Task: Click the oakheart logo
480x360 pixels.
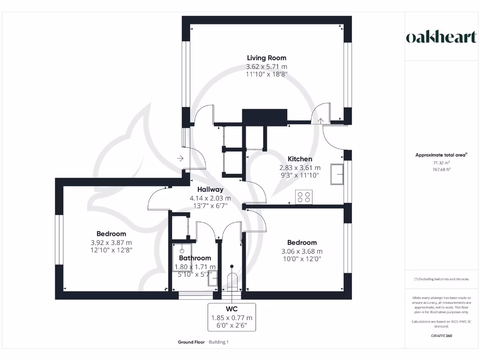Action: point(441,37)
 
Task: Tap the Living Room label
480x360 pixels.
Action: point(267,58)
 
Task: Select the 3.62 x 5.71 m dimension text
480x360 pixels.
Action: point(267,66)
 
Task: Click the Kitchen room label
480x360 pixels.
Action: point(300,159)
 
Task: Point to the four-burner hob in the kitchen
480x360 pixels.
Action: point(303,197)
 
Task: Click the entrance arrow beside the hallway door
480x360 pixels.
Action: point(180,158)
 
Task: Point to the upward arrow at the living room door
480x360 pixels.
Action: point(321,121)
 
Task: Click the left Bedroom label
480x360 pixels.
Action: point(111,234)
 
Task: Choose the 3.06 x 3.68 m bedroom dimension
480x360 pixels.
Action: point(302,251)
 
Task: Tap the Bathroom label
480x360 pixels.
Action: point(195,258)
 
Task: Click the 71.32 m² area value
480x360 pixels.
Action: point(439,162)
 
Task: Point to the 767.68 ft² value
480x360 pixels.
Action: point(439,169)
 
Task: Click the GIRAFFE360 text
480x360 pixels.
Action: point(441,336)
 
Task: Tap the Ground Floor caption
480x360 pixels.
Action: point(191,342)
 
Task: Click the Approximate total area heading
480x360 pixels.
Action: point(438,155)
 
